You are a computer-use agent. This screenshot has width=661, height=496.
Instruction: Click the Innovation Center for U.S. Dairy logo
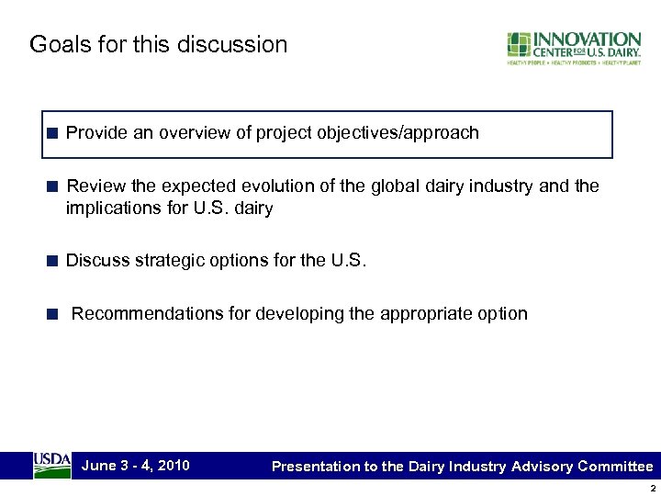[x=574, y=48]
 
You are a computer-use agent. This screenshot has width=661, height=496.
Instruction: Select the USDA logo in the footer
[x=52, y=465]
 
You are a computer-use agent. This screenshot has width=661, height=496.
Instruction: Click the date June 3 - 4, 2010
[x=135, y=466]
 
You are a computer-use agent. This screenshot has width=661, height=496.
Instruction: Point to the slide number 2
[x=650, y=487]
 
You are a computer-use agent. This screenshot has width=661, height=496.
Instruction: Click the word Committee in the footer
[x=615, y=467]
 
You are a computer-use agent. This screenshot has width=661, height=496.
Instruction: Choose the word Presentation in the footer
[x=316, y=467]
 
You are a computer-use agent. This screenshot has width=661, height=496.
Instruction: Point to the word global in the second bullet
[x=395, y=186]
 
